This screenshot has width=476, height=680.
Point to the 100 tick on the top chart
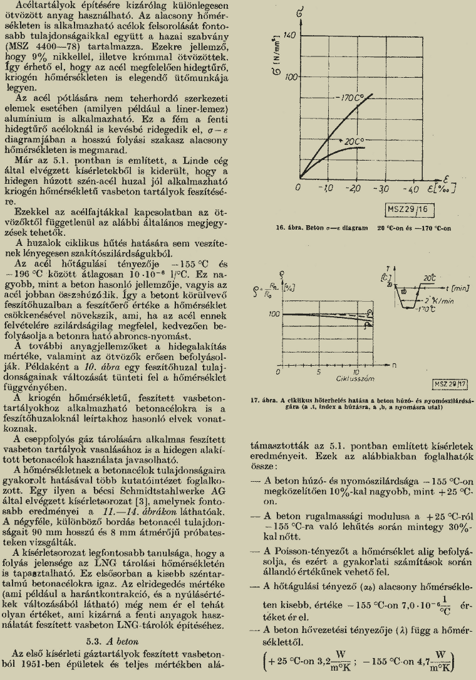tap(289, 78)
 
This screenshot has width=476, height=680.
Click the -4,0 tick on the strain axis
tap(410, 188)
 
